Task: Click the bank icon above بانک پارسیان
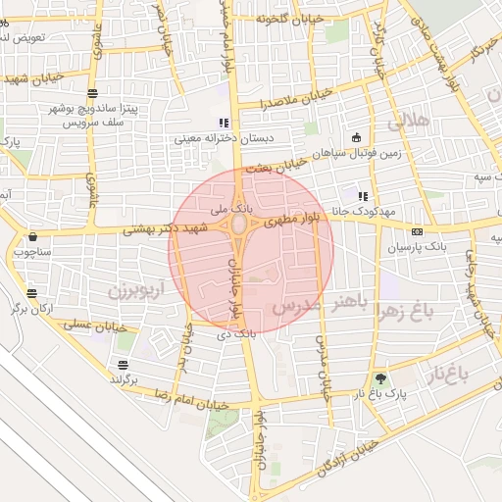pyautogui.click(x=418, y=232)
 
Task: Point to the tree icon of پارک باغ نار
pyautogui.click(x=380, y=378)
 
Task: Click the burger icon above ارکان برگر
pyautogui.click(x=31, y=293)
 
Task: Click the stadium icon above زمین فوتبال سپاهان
pyautogui.click(x=355, y=137)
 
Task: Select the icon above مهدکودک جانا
pyautogui.click(x=364, y=195)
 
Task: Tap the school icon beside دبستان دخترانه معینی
pyautogui.click(x=224, y=124)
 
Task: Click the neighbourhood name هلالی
pyautogui.click(x=409, y=124)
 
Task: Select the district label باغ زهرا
pyautogui.click(x=402, y=313)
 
